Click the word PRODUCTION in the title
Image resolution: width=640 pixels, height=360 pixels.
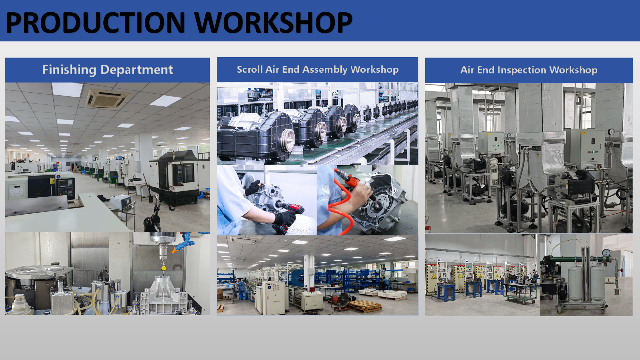pyautogui.click(x=96, y=22)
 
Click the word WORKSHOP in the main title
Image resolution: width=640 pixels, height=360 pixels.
pyautogui.click(x=274, y=22)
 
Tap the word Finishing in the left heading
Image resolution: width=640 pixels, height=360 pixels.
pyautogui.click(x=69, y=70)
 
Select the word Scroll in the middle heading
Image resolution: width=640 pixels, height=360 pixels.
pyautogui.click(x=250, y=69)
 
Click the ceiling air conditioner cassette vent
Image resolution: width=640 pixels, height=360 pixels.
pyautogui.click(x=107, y=98)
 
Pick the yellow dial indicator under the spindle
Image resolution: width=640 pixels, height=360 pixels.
pyautogui.click(x=164, y=268)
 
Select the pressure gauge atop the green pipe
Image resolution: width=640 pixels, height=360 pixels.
pyautogui.click(x=606, y=253)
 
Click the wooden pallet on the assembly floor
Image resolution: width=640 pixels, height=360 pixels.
pyautogui.click(x=365, y=305)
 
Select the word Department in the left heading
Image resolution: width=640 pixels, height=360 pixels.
pyautogui.click(x=137, y=70)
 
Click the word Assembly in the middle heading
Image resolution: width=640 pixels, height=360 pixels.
pyautogui.click(x=325, y=70)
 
